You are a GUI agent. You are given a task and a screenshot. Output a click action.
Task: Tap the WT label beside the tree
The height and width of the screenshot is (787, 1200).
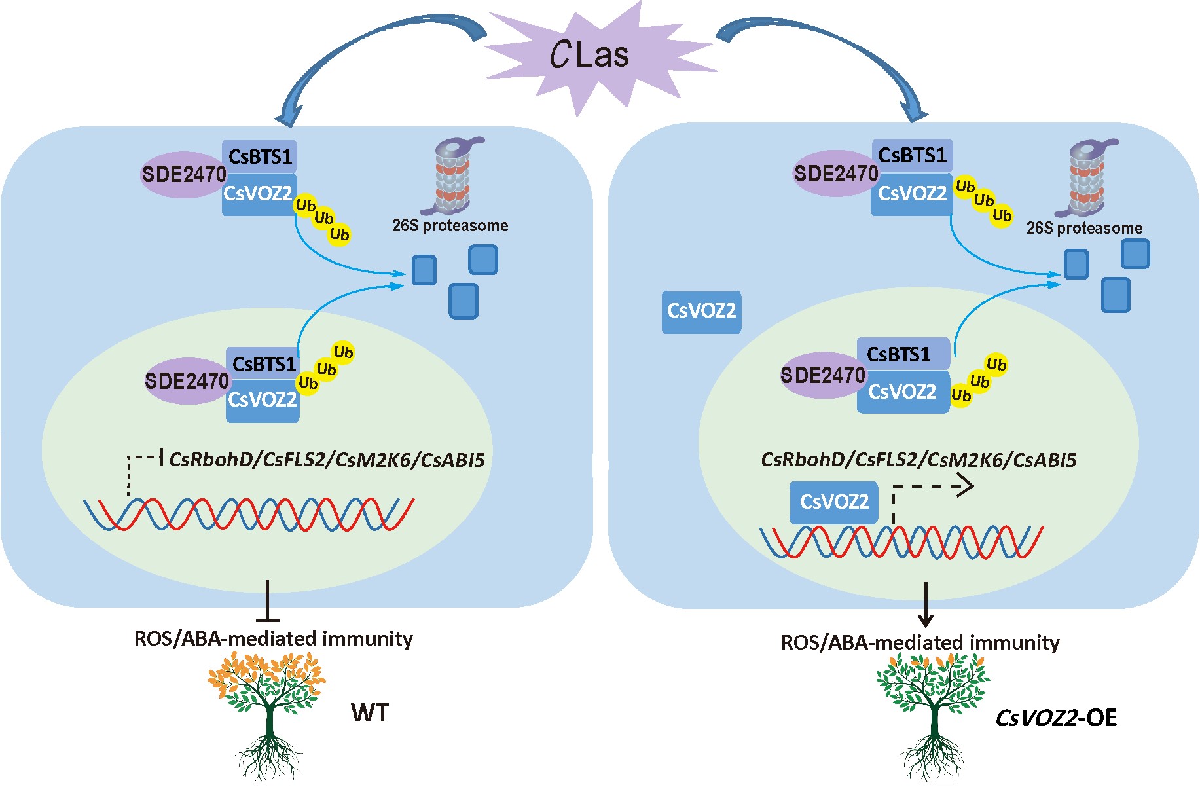pyautogui.click(x=370, y=712)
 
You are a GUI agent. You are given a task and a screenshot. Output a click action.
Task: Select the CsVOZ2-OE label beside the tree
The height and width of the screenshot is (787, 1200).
pyautogui.click(x=1055, y=718)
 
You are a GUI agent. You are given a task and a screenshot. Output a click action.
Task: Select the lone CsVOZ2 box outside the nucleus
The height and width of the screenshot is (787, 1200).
pyautogui.click(x=701, y=312)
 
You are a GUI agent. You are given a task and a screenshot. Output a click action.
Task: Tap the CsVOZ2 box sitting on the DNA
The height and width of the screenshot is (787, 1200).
pyautogui.click(x=833, y=502)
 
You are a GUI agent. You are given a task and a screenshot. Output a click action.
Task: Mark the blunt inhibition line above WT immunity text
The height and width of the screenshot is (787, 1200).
pyautogui.click(x=267, y=602)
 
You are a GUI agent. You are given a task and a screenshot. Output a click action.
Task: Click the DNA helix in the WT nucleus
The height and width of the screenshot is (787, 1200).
pyautogui.click(x=249, y=514)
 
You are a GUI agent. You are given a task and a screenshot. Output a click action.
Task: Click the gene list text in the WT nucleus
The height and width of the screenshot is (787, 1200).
pyautogui.click(x=327, y=460)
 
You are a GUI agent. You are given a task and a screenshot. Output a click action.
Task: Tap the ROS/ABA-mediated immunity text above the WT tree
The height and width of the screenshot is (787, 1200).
pyautogui.click(x=273, y=638)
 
